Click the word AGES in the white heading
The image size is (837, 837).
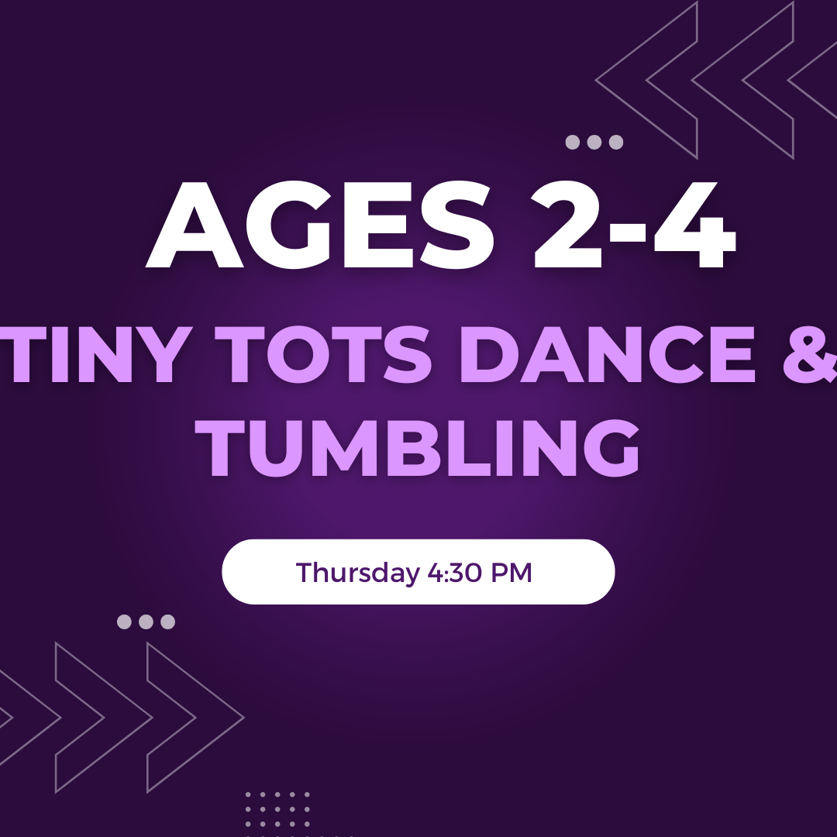pyautogui.click(x=319, y=225)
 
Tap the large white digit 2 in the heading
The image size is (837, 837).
pyautogui.click(x=567, y=225)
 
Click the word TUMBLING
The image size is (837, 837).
pyautogui.click(x=417, y=447)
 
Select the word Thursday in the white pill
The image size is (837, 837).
pyautogui.click(x=357, y=572)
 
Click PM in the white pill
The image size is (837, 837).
pyautogui.click(x=511, y=572)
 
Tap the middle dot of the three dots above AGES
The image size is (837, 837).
pyautogui.click(x=594, y=142)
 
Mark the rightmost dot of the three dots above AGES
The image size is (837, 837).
pyautogui.click(x=616, y=142)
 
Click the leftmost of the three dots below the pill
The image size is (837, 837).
pyautogui.click(x=124, y=622)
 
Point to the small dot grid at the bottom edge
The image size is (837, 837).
pyautogui.click(x=277, y=815)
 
